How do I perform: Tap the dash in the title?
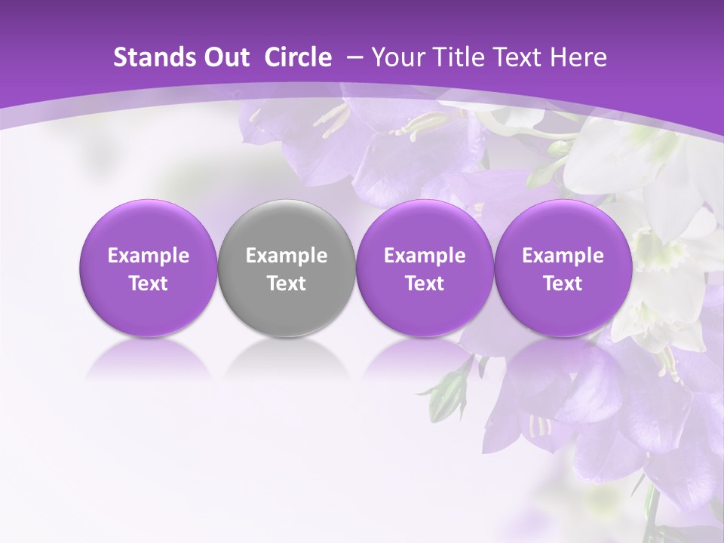tap(352, 57)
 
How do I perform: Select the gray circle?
tap(287, 268)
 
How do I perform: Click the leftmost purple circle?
tap(149, 268)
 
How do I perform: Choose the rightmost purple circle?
tap(563, 268)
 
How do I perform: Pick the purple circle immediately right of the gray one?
tap(425, 268)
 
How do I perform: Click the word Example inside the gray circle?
tap(287, 256)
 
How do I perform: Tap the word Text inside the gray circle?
tap(287, 284)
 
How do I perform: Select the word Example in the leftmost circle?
tap(149, 256)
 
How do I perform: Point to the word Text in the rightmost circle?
tap(563, 284)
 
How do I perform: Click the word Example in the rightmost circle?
tap(563, 256)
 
